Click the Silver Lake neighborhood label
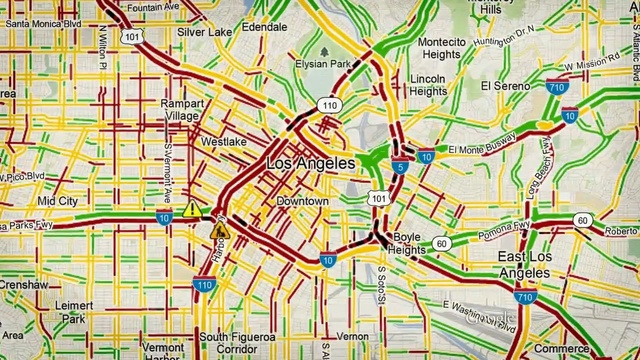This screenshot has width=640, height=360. point(204,31)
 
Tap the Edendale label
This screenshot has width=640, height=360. point(264,27)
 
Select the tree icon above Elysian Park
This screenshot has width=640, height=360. point(324,51)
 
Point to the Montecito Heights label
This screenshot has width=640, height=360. point(441,48)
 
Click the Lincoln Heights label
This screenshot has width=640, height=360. point(428,85)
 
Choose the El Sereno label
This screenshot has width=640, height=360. point(504,86)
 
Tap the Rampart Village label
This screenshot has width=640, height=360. point(182,109)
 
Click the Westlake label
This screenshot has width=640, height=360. point(223,142)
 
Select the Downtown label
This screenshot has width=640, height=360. point(302,201)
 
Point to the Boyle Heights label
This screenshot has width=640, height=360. point(407,243)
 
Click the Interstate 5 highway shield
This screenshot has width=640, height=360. point(399,167)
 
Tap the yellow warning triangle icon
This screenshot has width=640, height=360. point(191,209)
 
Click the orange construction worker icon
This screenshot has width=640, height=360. point(219,231)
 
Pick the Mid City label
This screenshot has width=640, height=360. point(57,201)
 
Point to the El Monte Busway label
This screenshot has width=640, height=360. point(482,143)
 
